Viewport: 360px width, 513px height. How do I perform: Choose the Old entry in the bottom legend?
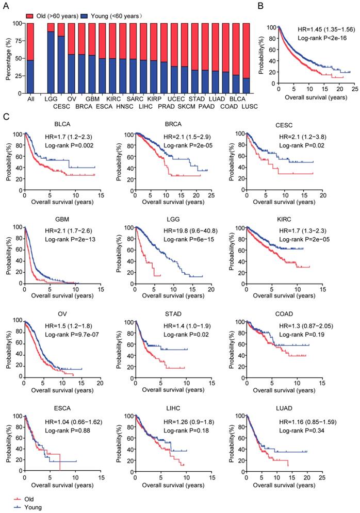[x=24, y=499]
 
